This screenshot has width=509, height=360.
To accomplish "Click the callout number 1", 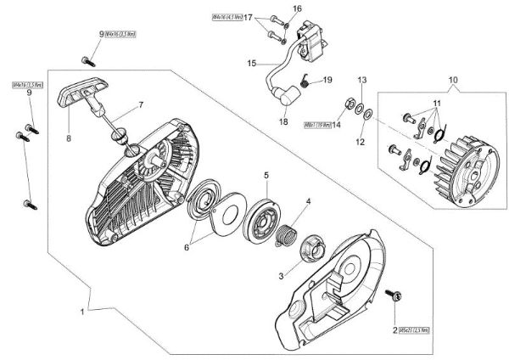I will pos(82,312).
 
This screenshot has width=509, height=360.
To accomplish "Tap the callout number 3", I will pos(282,276).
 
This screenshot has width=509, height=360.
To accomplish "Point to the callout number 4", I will pos(307,201).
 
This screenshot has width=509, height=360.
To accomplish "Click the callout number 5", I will pos(266,175).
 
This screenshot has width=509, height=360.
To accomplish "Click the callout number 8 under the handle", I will pos(69,133).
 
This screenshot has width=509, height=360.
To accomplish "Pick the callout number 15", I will pos(251,63).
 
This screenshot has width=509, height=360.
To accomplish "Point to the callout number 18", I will pos(283,121).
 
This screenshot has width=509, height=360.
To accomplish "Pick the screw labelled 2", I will pos(394,296).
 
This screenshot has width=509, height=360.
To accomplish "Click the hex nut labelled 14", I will pos(349,107).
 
